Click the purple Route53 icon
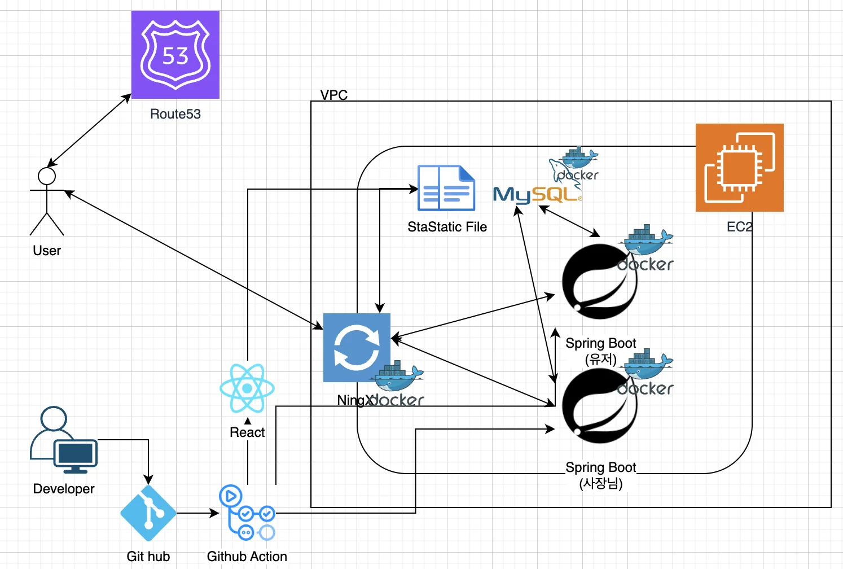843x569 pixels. tap(175, 55)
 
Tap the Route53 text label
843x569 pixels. tap(175, 114)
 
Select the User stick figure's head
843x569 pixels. tap(47, 176)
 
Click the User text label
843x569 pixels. tap(47, 251)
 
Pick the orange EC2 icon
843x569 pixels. tap(739, 168)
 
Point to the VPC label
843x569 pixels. tap(334, 95)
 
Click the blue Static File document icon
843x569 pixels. tap(446, 188)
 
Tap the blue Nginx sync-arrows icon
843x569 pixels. tap(357, 348)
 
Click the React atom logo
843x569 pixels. tap(247, 388)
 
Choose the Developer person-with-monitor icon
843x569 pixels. tap(63, 440)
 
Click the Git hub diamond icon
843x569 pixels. tap(148, 513)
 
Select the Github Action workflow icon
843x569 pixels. tap(247, 513)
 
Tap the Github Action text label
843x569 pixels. tap(247, 557)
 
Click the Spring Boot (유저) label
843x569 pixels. tap(600, 351)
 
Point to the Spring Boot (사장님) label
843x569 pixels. tap(600, 475)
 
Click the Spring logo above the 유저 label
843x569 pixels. tap(599, 281)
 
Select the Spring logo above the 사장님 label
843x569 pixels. tap(599, 405)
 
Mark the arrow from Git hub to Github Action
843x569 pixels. tap(197, 513)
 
